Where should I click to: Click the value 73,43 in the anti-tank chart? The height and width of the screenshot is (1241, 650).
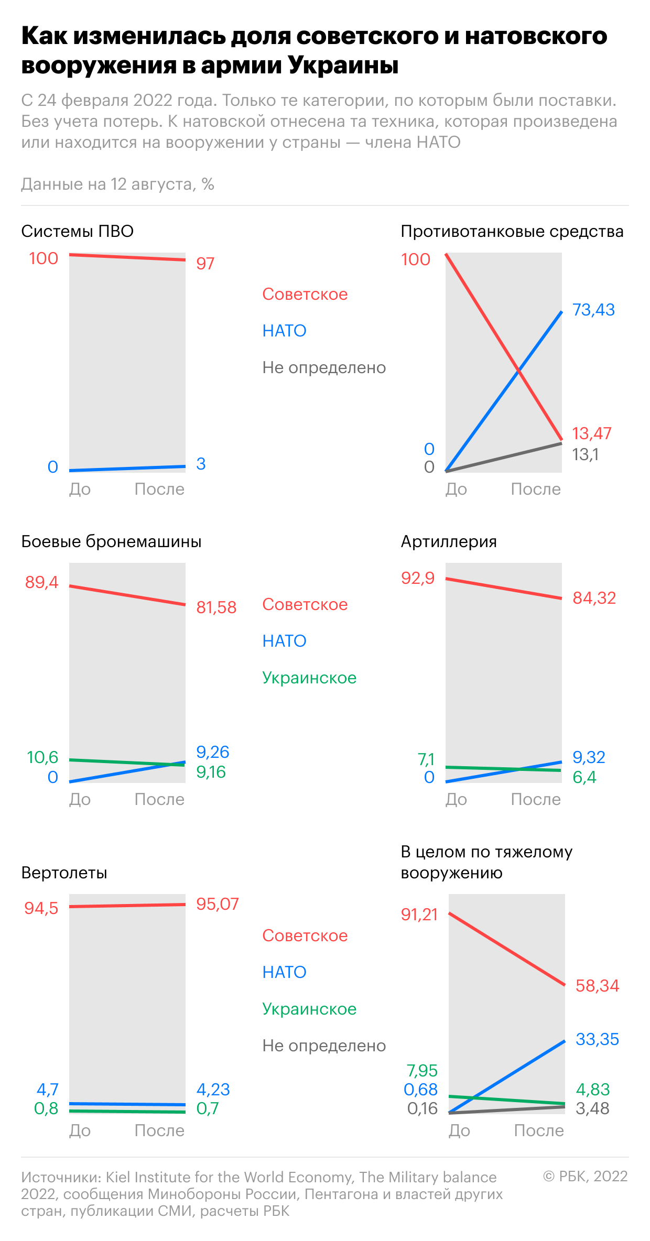593,310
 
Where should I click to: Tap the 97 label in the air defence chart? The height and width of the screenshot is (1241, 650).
205,263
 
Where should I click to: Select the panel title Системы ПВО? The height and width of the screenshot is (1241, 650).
78,231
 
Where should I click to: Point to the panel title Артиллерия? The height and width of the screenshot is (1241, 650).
449,541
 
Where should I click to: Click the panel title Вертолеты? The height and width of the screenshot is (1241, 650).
64,873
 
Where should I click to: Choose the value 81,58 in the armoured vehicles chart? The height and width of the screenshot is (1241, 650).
216,607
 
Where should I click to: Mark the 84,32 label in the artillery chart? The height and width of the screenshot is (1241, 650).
594,598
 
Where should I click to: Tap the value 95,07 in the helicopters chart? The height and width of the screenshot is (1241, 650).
218,904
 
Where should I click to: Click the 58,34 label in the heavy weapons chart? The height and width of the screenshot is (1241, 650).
598,986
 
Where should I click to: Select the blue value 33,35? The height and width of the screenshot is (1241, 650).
598,1039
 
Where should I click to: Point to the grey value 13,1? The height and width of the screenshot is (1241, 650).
586,454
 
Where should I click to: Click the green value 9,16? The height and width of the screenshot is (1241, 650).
211,772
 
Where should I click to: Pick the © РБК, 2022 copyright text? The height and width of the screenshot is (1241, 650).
585,1177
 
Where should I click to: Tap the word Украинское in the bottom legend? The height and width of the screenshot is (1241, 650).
309,1009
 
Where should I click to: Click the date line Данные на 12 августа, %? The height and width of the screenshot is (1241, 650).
118,184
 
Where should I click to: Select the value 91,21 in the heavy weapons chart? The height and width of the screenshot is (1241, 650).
419,915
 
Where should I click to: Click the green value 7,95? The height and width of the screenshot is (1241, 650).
422,1071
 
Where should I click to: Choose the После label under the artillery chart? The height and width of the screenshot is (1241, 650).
536,799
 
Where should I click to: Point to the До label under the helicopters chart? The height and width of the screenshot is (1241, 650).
80,1130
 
